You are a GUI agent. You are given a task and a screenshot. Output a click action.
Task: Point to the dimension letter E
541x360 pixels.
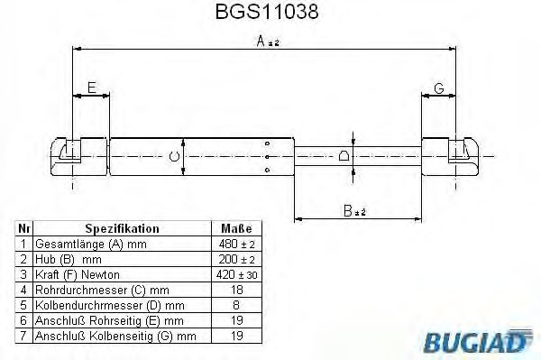90,87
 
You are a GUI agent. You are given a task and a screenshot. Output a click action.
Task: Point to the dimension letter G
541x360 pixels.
439,87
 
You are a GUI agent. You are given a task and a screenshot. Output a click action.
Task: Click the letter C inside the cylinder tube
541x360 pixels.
176,159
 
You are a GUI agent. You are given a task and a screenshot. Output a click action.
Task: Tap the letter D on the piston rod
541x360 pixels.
344,156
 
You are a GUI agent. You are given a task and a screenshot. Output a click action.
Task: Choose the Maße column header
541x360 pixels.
235,229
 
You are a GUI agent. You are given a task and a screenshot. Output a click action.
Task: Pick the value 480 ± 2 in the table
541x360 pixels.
235,245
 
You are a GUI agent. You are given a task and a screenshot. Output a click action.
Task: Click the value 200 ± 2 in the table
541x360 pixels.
235,259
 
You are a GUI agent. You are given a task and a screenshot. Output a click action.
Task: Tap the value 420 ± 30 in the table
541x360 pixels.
235,274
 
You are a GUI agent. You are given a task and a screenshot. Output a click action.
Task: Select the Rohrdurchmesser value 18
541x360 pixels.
235,290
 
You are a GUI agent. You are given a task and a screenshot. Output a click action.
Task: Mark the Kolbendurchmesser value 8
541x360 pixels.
235,305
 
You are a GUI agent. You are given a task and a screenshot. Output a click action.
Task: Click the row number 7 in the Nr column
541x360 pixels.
23,336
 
